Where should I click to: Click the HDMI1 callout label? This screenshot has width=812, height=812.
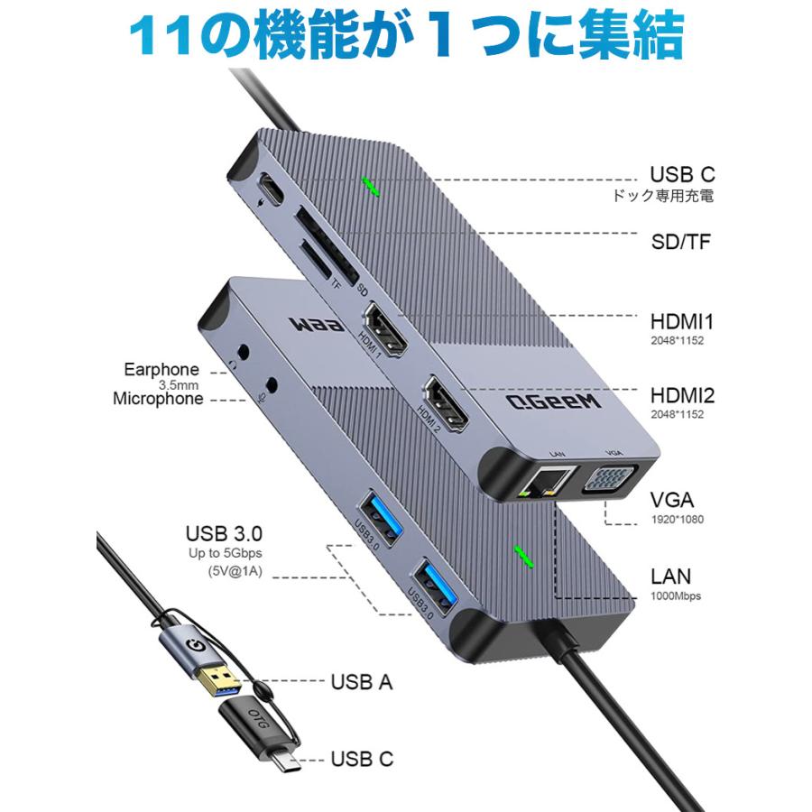coord(681,321)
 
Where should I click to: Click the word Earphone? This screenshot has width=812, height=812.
coord(161,369)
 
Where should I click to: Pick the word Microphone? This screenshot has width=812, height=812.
coord(158,399)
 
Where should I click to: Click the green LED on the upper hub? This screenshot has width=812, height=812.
coord(370,185)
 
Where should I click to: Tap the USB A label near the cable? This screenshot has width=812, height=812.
coord(360,683)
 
